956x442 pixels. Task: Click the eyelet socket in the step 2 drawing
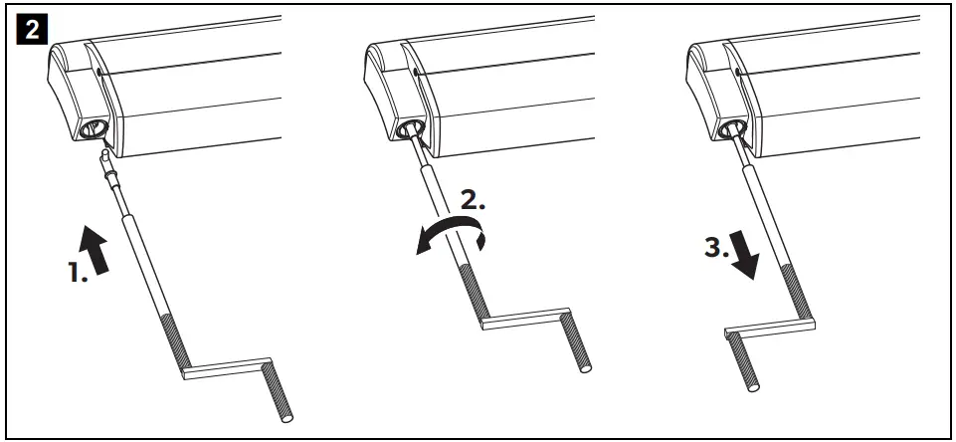coord(409,128)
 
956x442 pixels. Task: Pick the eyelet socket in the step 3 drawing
coord(730,127)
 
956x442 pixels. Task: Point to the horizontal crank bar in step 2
coord(522,321)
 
